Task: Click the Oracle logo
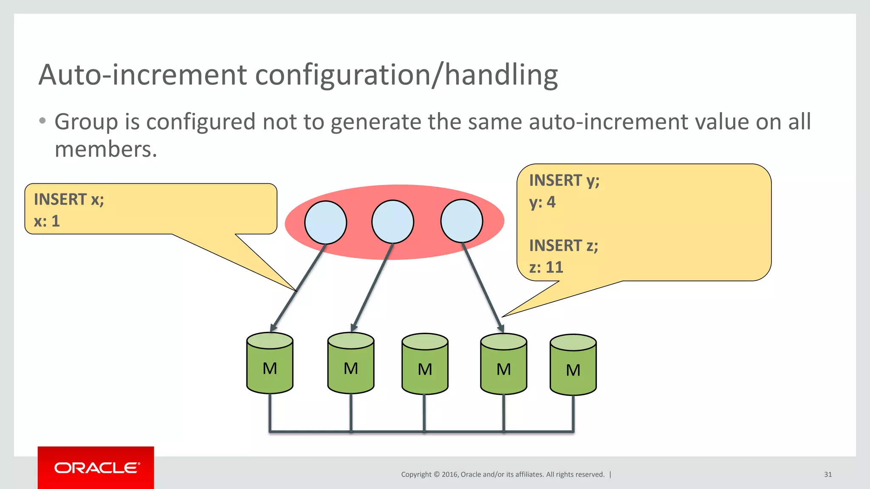click(96, 468)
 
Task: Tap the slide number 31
click(828, 475)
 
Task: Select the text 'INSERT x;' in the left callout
click(69, 200)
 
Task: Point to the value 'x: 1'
click(47, 221)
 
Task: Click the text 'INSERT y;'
click(564, 180)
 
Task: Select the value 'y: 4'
click(542, 202)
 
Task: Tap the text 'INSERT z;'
click(563, 246)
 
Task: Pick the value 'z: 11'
click(546, 267)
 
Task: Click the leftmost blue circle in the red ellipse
click(326, 222)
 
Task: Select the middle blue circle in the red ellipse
click(393, 222)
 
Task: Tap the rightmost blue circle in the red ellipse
click(462, 221)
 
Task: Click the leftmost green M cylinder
click(270, 364)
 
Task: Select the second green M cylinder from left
click(351, 364)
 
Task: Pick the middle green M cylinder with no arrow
click(425, 365)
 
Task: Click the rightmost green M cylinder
click(573, 365)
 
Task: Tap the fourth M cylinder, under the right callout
click(503, 365)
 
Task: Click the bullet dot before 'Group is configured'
click(42, 121)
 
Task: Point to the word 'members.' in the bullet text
click(106, 149)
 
